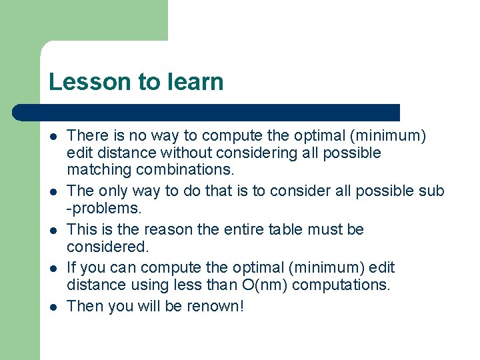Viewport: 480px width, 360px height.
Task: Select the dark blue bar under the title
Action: (x=207, y=112)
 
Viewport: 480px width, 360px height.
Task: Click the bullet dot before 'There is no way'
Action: (x=52, y=137)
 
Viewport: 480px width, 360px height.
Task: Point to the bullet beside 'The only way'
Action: (x=52, y=192)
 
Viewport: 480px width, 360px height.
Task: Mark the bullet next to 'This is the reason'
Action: (x=52, y=230)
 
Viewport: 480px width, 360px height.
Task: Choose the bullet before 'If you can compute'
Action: (x=52, y=268)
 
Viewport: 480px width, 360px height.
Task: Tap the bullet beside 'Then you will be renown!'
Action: (x=52, y=307)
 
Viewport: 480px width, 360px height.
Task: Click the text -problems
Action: (x=104, y=209)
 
